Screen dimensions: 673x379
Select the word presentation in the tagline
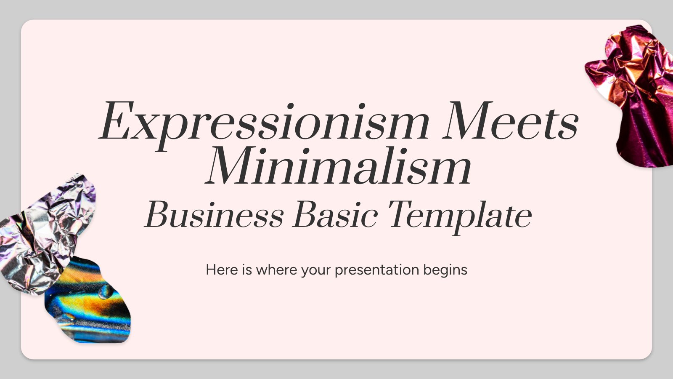click(377, 270)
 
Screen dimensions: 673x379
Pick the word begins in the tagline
click(445, 270)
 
